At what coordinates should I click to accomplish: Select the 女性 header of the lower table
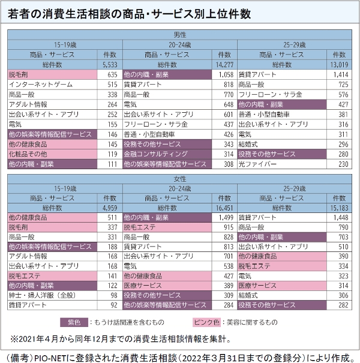[179, 179]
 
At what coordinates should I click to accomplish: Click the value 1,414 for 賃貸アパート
[340, 75]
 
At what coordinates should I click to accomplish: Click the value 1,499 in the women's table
[223, 217]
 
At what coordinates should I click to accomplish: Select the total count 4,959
[109, 208]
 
